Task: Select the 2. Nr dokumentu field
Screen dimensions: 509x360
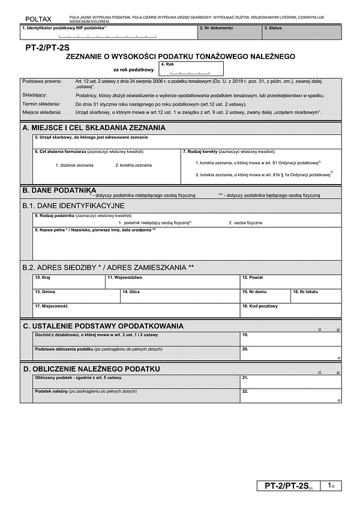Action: pos(229,32)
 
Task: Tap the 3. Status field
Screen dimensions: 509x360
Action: pos(302,32)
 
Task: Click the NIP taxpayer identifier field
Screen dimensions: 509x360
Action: pos(108,33)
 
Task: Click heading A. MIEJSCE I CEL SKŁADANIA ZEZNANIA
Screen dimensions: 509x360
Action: pos(94,128)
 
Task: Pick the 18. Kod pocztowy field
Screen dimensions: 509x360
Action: pos(290,311)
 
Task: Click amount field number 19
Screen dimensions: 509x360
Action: pos(290,338)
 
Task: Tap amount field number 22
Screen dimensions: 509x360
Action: pos(290,396)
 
